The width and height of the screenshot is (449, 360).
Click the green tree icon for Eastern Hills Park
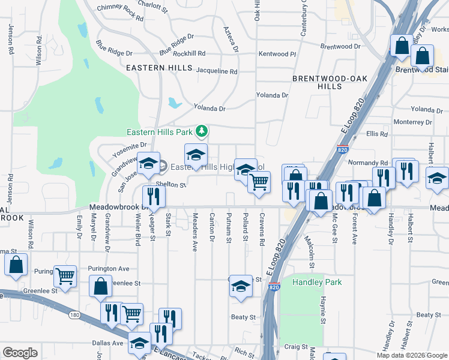click(203, 131)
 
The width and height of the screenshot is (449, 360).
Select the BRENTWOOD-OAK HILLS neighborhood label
click(318, 83)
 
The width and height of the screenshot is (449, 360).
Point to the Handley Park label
click(316, 282)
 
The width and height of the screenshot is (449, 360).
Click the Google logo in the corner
click(19, 353)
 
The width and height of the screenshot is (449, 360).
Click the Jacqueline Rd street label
click(217, 71)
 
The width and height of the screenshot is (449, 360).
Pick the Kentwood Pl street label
click(277, 54)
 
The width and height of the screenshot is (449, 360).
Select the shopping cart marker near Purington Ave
click(65, 276)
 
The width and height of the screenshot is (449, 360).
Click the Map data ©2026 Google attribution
click(411, 355)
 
